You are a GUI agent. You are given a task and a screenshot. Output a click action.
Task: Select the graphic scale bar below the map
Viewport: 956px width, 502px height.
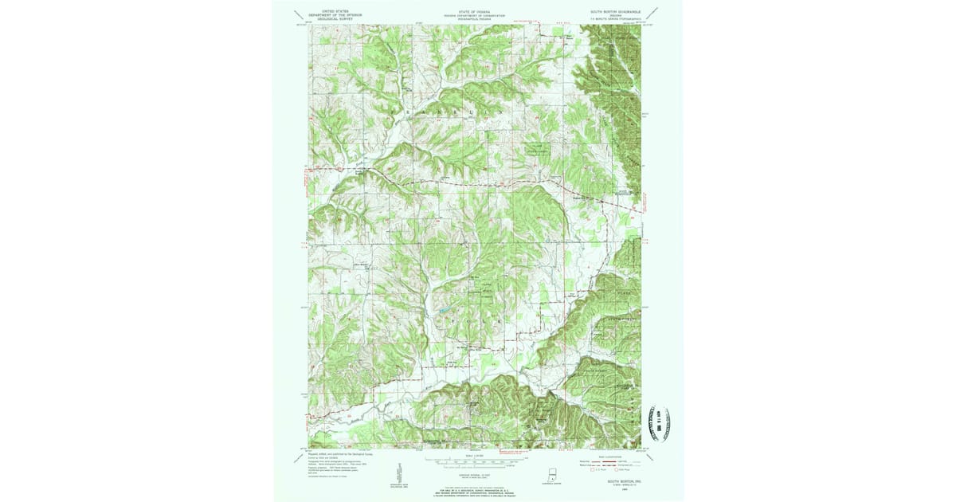(x=475, y=460)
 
